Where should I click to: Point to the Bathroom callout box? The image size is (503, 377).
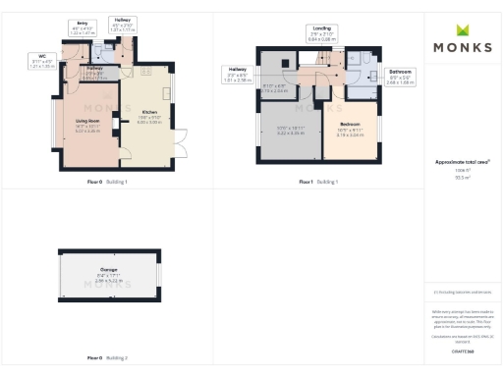400,76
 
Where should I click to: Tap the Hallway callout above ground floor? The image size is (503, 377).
124,25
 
